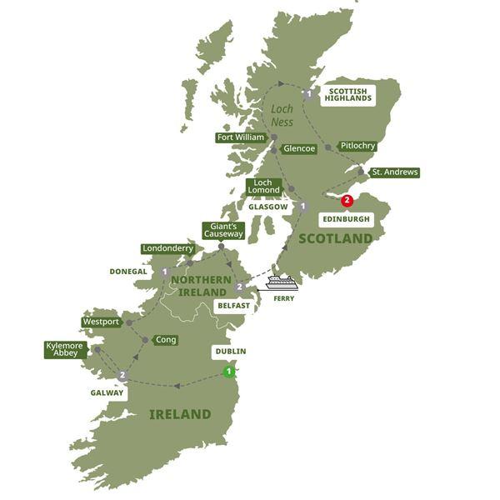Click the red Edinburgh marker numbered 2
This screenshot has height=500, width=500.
(x=347, y=200)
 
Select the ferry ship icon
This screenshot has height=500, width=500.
(x=282, y=282)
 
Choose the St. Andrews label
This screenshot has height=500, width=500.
(x=394, y=172)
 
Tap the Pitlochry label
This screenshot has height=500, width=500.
(x=358, y=146)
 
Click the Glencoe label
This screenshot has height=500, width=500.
(x=298, y=149)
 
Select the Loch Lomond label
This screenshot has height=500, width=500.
(x=263, y=185)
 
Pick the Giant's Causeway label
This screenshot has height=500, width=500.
(x=222, y=230)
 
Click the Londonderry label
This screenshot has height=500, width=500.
(x=167, y=248)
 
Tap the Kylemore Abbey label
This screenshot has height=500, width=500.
(x=66, y=349)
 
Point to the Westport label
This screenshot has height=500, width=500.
(x=101, y=322)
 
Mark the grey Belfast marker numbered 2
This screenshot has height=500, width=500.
(x=239, y=287)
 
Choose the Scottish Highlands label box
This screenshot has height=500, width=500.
(x=347, y=94)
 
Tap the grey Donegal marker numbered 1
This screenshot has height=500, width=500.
(x=165, y=272)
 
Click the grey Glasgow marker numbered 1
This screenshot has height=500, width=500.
(x=303, y=207)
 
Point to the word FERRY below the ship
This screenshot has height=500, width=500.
(x=288, y=300)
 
